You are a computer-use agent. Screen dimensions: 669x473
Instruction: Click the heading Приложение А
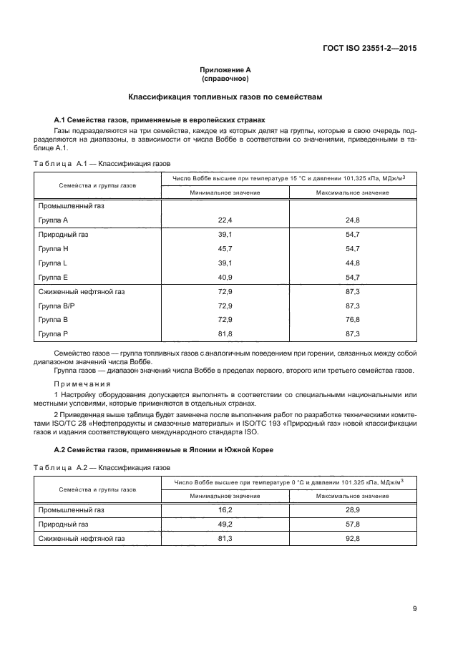pyautogui.click(x=225, y=70)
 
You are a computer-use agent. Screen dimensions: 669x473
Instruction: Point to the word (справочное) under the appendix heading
pyautogui.click(x=225, y=79)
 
